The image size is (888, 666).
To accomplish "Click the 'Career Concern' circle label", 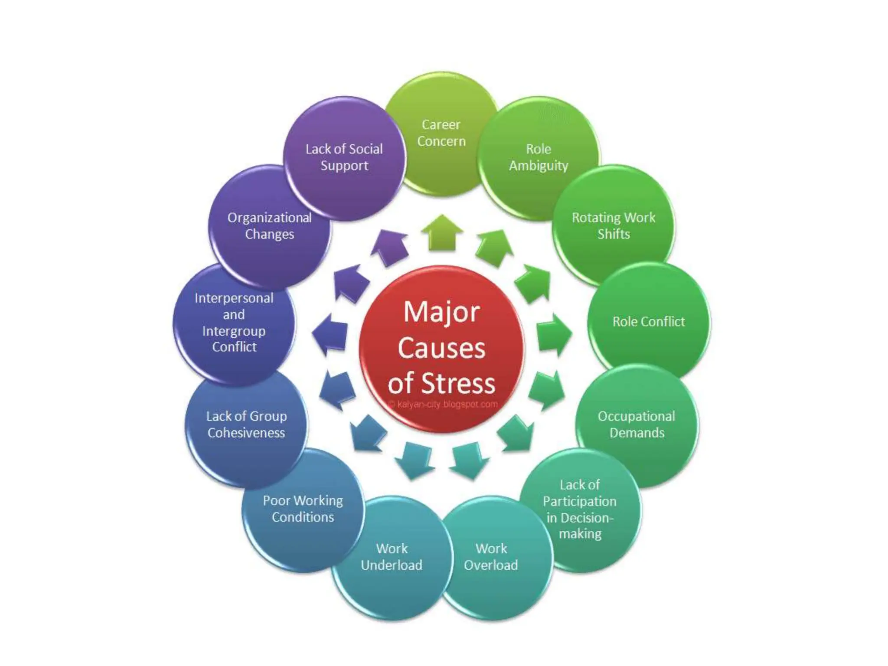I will tap(441, 133).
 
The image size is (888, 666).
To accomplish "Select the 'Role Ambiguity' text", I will tap(539, 157).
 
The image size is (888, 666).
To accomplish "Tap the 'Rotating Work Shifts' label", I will tap(614, 225).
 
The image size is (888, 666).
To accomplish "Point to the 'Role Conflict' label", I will tap(649, 321).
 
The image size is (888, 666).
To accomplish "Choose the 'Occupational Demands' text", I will tap(637, 424).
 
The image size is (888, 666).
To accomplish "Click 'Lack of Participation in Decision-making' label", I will tap(580, 509).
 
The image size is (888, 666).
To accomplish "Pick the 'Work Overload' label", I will tap(491, 557).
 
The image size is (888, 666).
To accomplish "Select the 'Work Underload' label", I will tap(392, 557).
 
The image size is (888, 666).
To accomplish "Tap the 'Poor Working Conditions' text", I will tap(303, 509).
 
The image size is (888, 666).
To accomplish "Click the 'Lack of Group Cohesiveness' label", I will tap(246, 424).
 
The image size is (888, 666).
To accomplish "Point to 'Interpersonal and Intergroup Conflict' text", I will tap(234, 322).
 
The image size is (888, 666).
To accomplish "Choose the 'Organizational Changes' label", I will tap(269, 225).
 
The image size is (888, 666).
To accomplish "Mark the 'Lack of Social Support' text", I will tap(344, 157).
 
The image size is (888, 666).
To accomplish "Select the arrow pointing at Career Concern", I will tap(442, 233).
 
